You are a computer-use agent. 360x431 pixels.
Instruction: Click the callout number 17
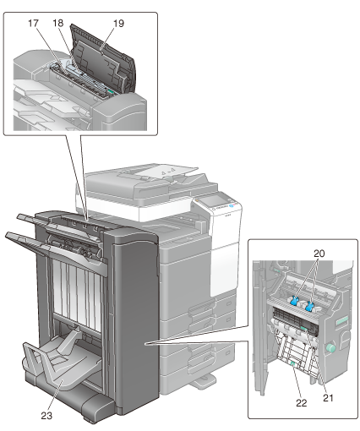point(33,23)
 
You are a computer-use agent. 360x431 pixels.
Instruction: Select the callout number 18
point(58,23)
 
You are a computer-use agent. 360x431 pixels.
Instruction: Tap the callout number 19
point(118,24)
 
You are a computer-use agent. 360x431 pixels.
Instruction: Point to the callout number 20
point(319,254)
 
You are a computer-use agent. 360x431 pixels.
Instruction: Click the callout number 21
point(328,398)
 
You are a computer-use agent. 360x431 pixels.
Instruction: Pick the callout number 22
point(301,403)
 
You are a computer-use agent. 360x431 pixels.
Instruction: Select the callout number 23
point(46,416)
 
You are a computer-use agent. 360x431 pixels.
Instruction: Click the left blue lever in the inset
point(294,300)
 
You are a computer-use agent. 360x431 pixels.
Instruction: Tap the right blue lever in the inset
point(309,306)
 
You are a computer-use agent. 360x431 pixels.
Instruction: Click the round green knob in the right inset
point(330,348)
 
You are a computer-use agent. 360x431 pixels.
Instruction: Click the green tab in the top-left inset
point(111,92)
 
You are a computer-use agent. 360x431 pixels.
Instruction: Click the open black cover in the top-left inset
point(103,61)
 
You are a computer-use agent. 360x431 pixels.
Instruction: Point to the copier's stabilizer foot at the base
point(205,382)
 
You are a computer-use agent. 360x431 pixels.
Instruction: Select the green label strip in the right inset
point(341,322)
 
